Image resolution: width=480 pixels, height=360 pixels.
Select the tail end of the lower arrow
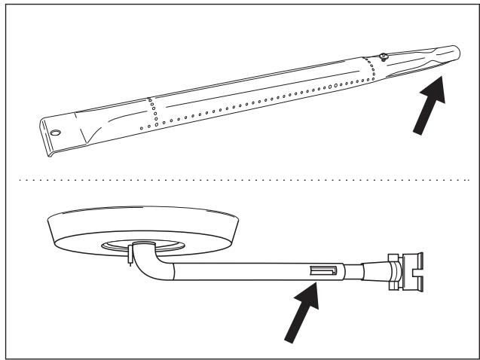coord(287,340)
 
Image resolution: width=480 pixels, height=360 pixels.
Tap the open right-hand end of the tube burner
coord(450,55)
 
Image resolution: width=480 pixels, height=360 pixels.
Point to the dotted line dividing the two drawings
coord(241,181)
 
